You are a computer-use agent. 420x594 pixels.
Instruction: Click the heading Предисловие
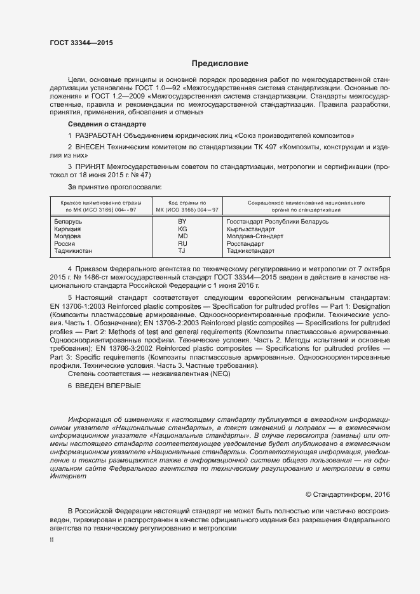click(x=220, y=64)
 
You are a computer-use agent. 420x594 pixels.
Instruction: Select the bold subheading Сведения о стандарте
click(x=107, y=124)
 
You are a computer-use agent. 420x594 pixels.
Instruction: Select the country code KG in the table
click(x=182, y=229)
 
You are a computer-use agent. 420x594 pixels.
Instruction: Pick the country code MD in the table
click(x=182, y=236)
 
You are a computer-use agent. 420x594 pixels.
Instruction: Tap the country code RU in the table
click(x=182, y=243)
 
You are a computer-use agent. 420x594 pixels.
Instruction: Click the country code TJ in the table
click(x=182, y=251)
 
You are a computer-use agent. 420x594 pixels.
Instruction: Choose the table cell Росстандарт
click(x=245, y=243)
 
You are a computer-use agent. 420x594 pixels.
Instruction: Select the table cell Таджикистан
click(x=74, y=251)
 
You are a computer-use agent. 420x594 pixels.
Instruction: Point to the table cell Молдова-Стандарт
click(x=255, y=236)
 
